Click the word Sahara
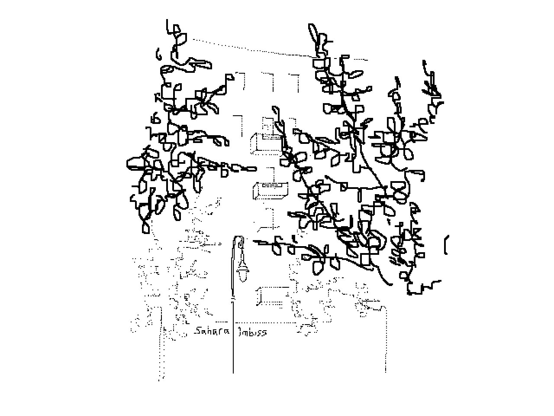[212, 331]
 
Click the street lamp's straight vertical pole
[233, 338]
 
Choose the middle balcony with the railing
[270, 190]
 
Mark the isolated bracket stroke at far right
[446, 245]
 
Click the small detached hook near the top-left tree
[158, 54]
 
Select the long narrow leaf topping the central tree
[312, 32]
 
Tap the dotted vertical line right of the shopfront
[385, 338]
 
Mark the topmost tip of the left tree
[167, 20]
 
